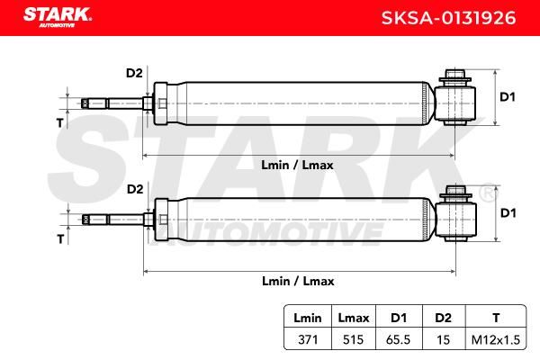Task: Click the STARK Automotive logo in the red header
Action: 58,17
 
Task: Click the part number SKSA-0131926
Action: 448,18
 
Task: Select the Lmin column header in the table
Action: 308,318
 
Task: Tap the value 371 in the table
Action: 308,339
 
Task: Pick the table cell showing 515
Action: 353,339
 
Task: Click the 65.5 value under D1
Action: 398,339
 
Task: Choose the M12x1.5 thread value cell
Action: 496,339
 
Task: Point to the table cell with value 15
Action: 443,339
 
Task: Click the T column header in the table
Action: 496,318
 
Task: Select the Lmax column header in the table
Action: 354,318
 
